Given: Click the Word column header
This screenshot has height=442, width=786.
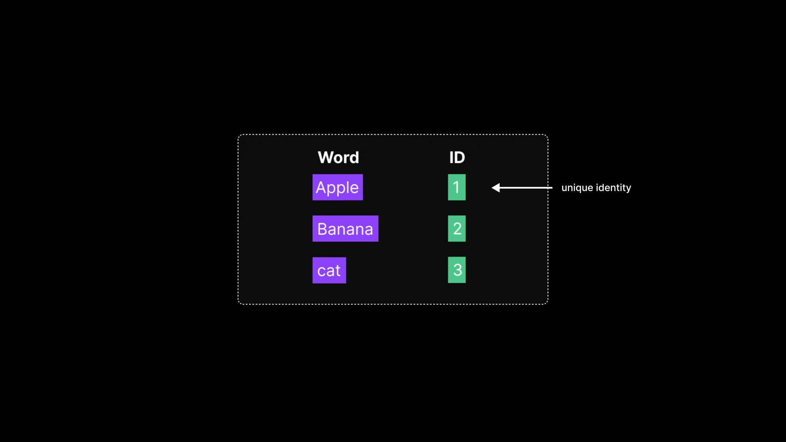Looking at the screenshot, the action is coord(338,158).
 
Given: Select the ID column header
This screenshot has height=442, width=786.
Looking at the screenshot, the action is coord(457,158).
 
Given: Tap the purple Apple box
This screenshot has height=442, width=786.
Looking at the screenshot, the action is coord(337,187).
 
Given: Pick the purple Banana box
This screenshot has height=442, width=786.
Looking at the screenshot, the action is coord(345,229).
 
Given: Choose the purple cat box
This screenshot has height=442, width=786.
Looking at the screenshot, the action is coord(329,270).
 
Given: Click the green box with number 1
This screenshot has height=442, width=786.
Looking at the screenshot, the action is coord(456,187).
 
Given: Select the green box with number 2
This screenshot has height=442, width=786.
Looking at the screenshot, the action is coord(456,229).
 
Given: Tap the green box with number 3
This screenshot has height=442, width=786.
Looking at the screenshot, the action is coord(456,270).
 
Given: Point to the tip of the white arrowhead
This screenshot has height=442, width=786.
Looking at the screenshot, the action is coord(492,188).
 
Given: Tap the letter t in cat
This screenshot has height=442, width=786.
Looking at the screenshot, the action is coord(337,271).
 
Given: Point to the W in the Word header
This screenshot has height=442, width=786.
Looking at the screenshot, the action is coord(326,158).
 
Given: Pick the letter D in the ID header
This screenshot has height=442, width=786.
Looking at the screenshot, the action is coord(460,158).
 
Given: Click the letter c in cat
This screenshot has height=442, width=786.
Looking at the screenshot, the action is coord(321,271).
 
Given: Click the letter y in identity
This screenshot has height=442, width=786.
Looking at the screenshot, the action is coord(628,189).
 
